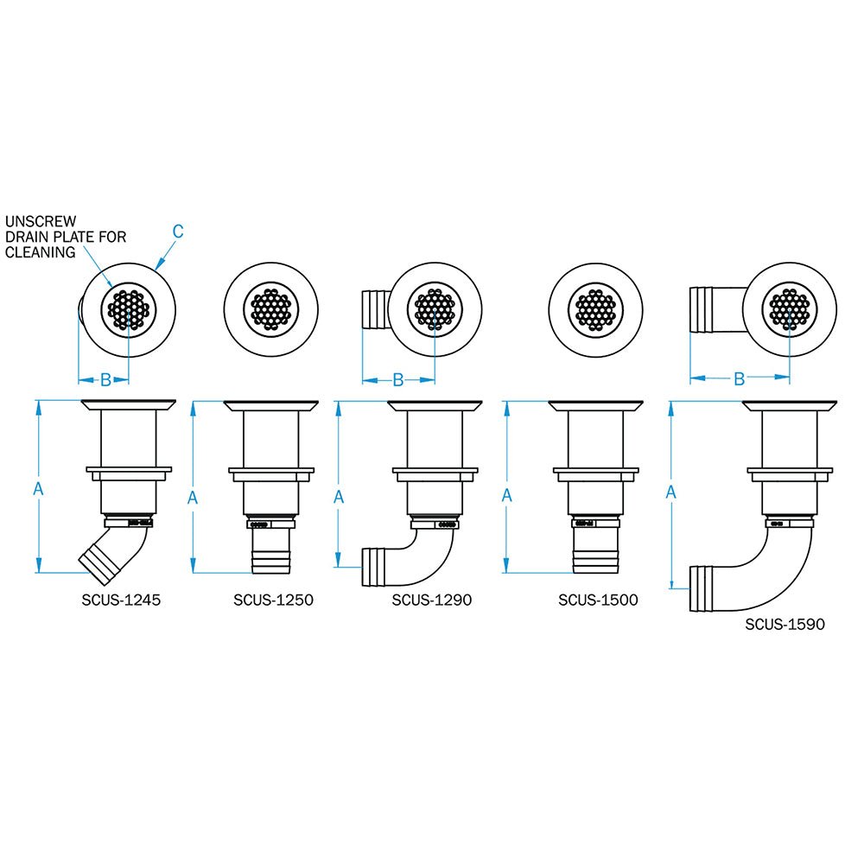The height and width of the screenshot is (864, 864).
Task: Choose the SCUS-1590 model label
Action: point(785,623)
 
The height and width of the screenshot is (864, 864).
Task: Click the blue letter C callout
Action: point(178,231)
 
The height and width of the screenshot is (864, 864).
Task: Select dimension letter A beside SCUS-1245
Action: point(38,488)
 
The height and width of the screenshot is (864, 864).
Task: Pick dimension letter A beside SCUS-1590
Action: point(671,492)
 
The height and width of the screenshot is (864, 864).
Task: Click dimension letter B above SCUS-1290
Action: point(398,379)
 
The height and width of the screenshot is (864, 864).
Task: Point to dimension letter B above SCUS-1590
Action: point(740,378)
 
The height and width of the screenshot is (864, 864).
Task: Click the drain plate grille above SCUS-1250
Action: point(271,308)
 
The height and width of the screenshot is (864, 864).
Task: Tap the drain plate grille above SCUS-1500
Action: point(596,308)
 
